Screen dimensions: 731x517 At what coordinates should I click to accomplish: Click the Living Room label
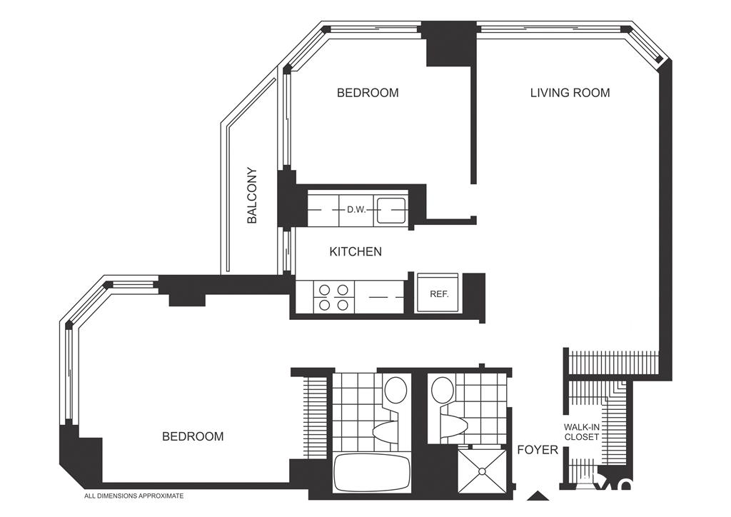click(x=570, y=93)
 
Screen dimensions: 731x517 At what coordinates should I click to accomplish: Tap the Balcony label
click(x=252, y=196)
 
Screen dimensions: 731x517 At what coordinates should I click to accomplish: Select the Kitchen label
click(x=356, y=252)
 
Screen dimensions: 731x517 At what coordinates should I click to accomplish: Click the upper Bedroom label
click(x=368, y=93)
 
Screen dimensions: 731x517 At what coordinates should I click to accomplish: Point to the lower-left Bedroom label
click(x=193, y=436)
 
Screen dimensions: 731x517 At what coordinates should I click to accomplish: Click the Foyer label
click(x=538, y=450)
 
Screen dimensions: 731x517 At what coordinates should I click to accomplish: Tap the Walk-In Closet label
click(x=581, y=432)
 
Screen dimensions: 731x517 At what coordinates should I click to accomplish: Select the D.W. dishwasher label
click(x=356, y=210)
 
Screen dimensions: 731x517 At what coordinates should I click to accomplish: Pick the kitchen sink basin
click(x=391, y=211)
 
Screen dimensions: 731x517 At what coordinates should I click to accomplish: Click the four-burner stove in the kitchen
click(x=334, y=298)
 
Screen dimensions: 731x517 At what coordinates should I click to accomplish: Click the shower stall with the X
click(x=481, y=471)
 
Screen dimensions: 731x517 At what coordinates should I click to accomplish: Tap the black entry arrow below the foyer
click(x=538, y=496)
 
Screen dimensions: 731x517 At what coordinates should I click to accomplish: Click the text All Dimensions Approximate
click(x=133, y=496)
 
